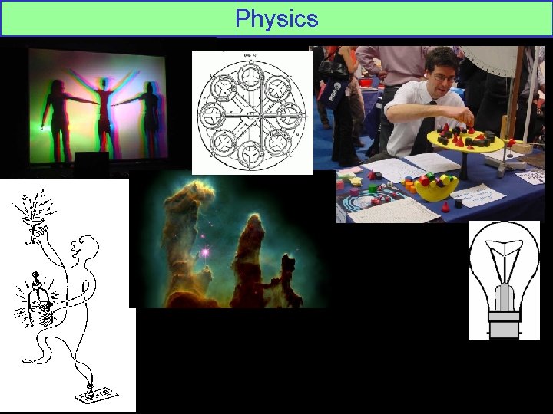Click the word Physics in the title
coord(276,18)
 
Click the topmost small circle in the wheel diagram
coord(251,74)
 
